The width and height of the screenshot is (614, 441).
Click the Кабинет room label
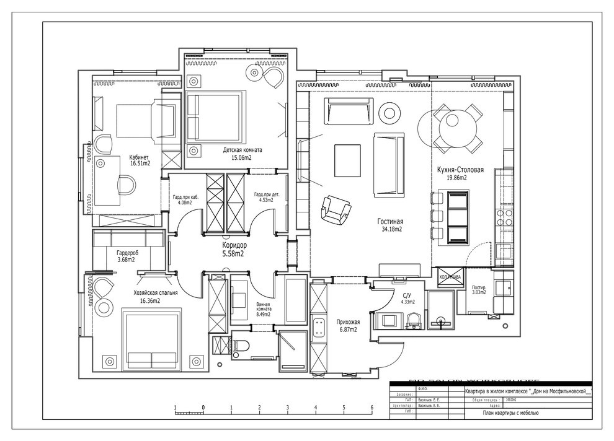point(138,157)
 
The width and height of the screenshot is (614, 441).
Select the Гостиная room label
point(391,221)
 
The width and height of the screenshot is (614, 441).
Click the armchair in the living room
point(335,209)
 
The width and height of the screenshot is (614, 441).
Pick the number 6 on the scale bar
point(372,408)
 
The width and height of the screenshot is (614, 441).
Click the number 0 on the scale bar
point(203,408)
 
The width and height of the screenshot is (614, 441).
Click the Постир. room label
point(478,288)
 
